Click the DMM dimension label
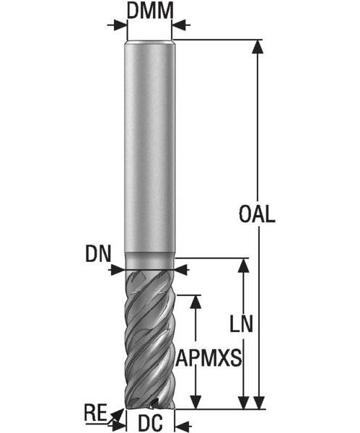(x=150, y=11)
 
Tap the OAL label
(x=257, y=214)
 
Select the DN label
(x=98, y=254)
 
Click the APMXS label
(x=208, y=358)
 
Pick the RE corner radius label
(x=95, y=413)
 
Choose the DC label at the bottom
(x=150, y=423)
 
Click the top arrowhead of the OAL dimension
(x=258, y=46)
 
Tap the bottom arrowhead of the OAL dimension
(x=258, y=403)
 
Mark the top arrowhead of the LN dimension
(x=243, y=265)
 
